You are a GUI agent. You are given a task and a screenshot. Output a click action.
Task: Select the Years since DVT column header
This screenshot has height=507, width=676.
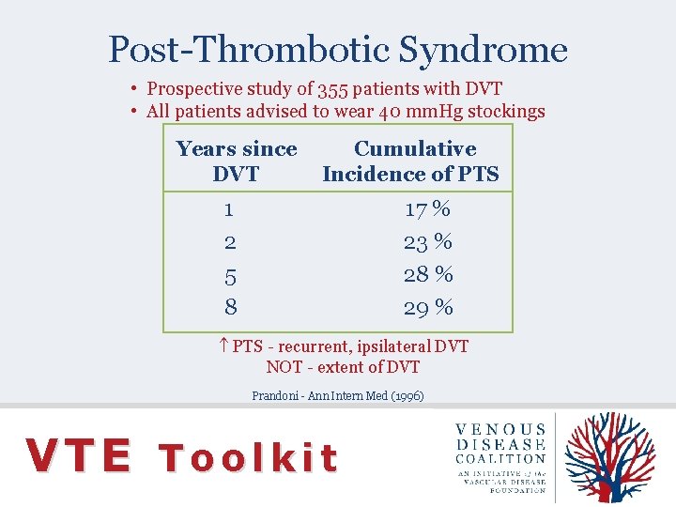(x=237, y=161)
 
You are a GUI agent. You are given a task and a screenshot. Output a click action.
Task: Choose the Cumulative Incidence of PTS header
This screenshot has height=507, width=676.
(x=411, y=161)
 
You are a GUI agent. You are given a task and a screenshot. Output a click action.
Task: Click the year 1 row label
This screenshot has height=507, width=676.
(x=230, y=208)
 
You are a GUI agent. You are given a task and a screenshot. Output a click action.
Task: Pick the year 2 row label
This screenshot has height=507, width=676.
(x=230, y=242)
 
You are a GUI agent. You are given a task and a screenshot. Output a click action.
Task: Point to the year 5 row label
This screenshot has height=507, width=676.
(x=230, y=276)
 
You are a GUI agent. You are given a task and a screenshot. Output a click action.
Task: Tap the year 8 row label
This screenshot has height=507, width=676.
(x=230, y=307)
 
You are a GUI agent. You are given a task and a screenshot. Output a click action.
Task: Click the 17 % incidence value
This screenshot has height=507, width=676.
(x=427, y=208)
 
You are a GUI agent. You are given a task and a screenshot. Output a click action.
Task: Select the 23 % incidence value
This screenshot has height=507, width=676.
(x=427, y=242)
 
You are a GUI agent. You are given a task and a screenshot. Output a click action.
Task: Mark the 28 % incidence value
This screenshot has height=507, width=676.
(x=427, y=274)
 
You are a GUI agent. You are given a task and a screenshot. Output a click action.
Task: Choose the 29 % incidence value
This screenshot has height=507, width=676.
(x=427, y=307)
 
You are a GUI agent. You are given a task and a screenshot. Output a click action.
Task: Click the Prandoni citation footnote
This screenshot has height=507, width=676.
(x=338, y=396)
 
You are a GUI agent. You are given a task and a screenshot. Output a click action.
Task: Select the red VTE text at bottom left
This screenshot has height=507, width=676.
(x=79, y=456)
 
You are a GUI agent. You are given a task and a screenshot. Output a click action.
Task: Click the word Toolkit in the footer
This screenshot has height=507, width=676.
(x=248, y=457)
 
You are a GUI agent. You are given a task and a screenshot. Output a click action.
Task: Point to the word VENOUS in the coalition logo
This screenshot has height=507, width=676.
(x=500, y=429)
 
